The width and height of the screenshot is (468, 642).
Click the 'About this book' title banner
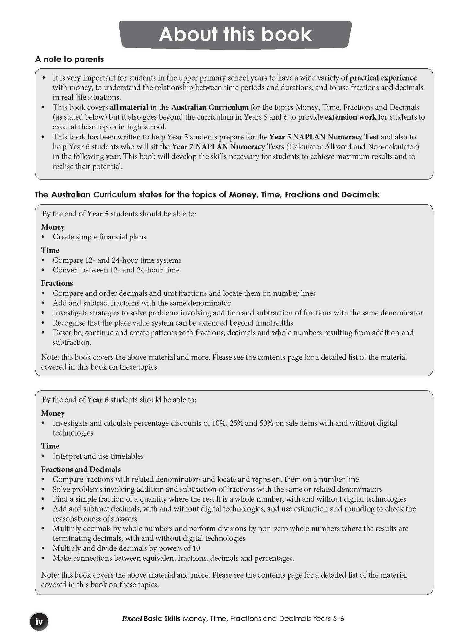click(235, 34)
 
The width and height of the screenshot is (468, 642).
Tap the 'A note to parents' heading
click(69, 59)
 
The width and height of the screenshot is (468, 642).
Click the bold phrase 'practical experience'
click(383, 78)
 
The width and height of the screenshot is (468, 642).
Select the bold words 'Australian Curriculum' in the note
click(210, 107)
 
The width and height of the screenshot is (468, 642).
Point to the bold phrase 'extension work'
click(350, 117)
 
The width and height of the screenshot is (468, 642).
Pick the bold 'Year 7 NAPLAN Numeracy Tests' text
click(228, 147)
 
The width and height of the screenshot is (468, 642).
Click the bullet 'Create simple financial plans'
click(99, 237)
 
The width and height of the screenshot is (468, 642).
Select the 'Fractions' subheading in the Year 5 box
click(57, 283)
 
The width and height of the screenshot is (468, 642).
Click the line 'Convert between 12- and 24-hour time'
click(116, 270)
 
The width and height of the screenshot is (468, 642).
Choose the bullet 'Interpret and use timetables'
click(98, 456)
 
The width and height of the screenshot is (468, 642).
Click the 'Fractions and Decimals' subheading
click(81, 469)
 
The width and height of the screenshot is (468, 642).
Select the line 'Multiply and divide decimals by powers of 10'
click(126, 548)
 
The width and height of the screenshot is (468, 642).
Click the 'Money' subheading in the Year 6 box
click(53, 413)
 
